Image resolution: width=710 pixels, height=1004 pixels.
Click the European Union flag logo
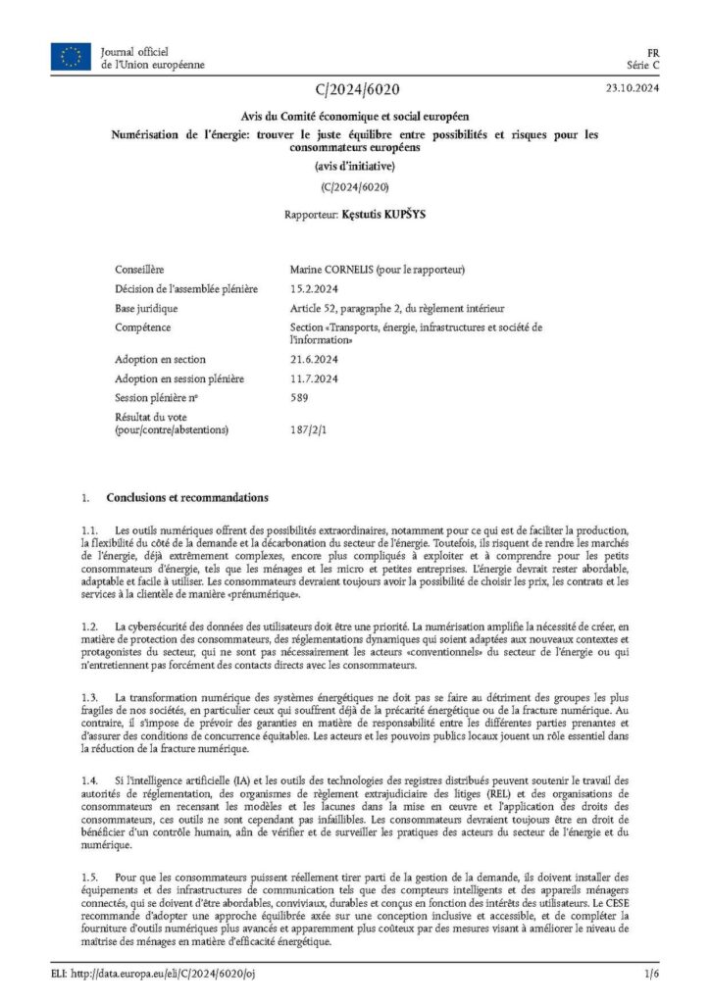[72, 57]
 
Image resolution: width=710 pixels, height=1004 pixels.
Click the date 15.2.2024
[314, 288]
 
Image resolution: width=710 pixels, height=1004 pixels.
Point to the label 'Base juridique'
[150, 308]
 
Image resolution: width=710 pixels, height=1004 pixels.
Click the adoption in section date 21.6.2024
[314, 359]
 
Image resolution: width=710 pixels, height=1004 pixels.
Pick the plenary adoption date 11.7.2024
[314, 378]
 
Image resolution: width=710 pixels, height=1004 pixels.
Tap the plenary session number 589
[299, 397]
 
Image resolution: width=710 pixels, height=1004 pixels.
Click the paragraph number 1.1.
[90, 529]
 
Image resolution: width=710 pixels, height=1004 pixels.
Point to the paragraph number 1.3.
[90, 696]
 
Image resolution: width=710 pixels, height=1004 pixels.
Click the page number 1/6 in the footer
[651, 974]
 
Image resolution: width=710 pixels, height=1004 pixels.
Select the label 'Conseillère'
[139, 269]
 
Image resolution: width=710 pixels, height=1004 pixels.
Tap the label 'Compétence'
[143, 326]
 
